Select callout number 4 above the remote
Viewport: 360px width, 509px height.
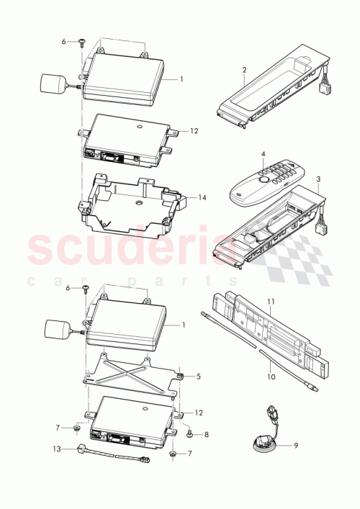pos(264,154)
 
